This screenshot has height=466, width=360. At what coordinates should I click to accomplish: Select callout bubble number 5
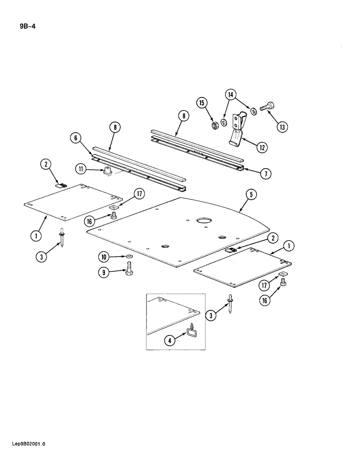click(251, 196)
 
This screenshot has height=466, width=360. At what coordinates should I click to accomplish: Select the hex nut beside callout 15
click(215, 125)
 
